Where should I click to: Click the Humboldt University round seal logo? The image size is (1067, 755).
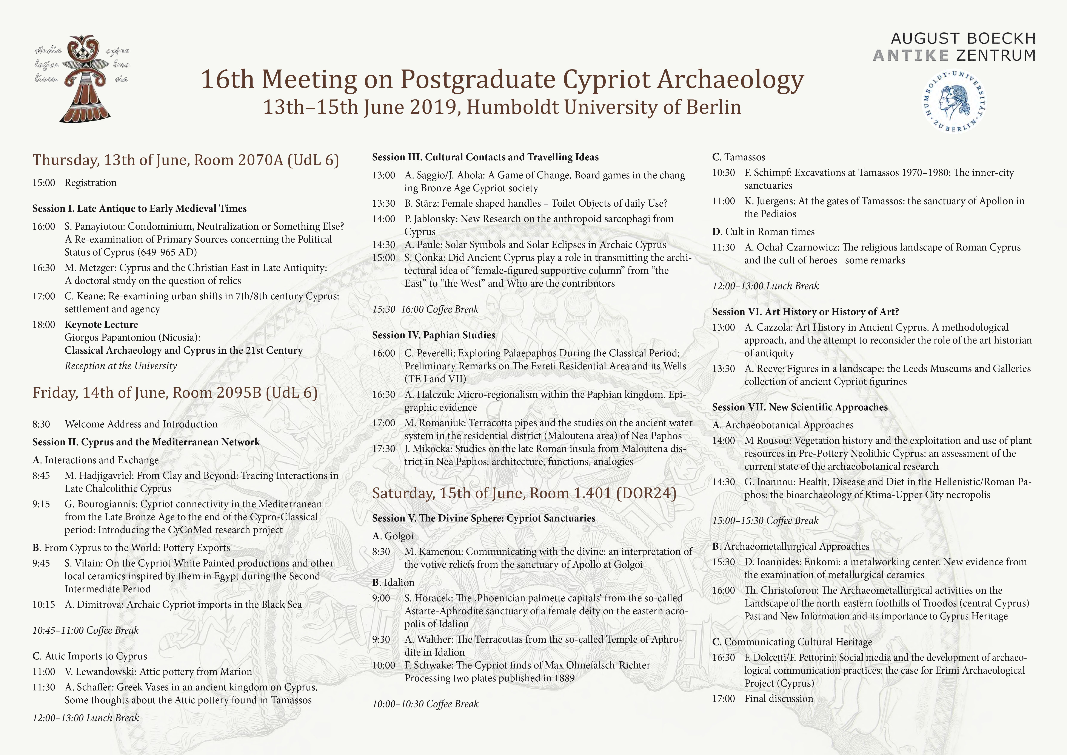(955, 101)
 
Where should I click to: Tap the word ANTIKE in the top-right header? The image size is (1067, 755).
(910, 55)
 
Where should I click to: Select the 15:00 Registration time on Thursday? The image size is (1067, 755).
(44, 183)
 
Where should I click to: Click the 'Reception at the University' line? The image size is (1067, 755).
(121, 366)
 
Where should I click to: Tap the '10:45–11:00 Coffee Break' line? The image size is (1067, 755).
(86, 630)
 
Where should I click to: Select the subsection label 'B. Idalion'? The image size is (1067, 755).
(393, 583)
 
